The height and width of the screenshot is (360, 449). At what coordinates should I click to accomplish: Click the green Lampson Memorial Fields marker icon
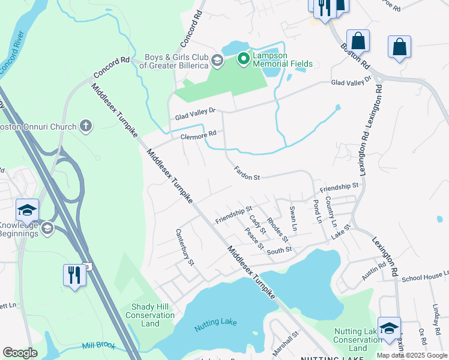tap(243, 58)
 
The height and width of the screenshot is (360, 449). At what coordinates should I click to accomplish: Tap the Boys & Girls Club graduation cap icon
tap(216, 61)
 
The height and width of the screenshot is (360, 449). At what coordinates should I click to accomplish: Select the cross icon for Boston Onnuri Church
tap(86, 126)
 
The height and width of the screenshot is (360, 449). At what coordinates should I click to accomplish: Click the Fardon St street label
tap(247, 174)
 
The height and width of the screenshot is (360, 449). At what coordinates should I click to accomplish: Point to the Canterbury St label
tap(185, 246)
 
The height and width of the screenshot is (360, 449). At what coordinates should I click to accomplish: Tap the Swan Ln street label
tap(293, 219)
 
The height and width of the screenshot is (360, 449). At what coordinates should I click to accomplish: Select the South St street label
tap(279, 250)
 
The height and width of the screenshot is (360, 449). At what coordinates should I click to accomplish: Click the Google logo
tap(20, 353)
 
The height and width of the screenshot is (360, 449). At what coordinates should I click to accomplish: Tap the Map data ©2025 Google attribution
tap(412, 355)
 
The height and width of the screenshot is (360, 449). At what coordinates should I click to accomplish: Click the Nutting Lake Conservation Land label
tap(358, 340)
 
